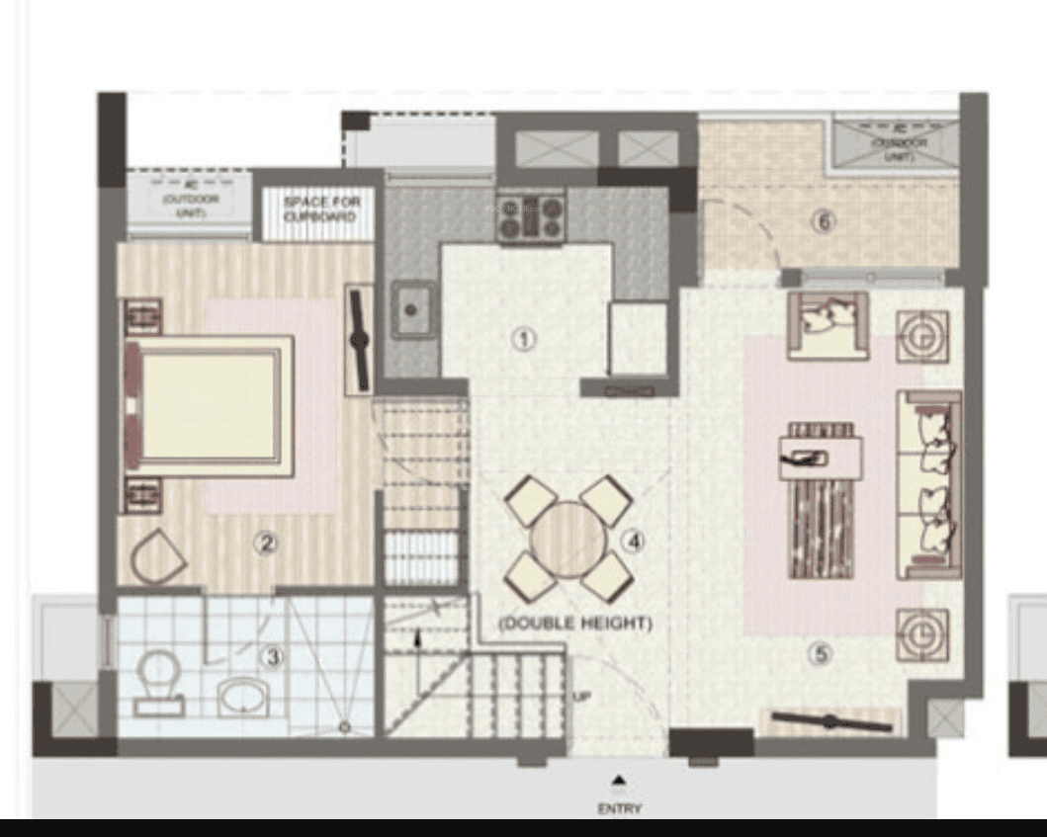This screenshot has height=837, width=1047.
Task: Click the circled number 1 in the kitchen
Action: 524,339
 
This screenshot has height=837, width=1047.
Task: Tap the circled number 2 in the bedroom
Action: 265,542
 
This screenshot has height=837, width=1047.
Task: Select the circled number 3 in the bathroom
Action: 271,656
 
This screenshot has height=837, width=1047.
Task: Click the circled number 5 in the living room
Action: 818,652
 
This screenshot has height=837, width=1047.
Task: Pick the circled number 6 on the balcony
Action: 823,221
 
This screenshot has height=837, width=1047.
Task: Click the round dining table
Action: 567,541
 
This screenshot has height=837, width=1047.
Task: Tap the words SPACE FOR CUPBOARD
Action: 321,208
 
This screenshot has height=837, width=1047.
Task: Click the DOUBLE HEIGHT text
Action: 574,624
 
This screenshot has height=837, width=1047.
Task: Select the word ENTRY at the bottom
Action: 619,808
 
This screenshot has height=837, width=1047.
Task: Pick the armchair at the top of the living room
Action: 828,325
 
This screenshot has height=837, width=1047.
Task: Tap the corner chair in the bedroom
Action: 158,556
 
